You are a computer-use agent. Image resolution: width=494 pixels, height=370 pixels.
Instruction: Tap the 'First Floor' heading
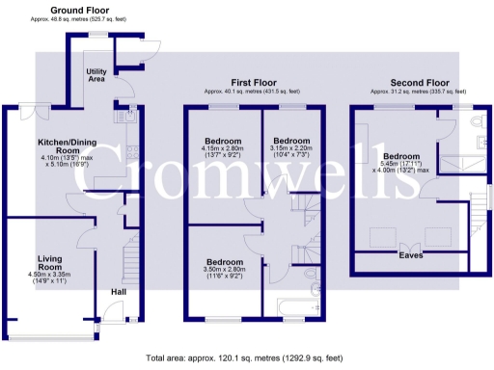pos(248,83)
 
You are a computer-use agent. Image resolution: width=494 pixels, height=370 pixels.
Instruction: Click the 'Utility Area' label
pos(96,76)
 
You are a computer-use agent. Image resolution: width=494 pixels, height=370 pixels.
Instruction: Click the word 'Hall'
pos(118,292)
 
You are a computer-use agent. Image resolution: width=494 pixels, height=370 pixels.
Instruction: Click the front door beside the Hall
pos(114,312)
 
